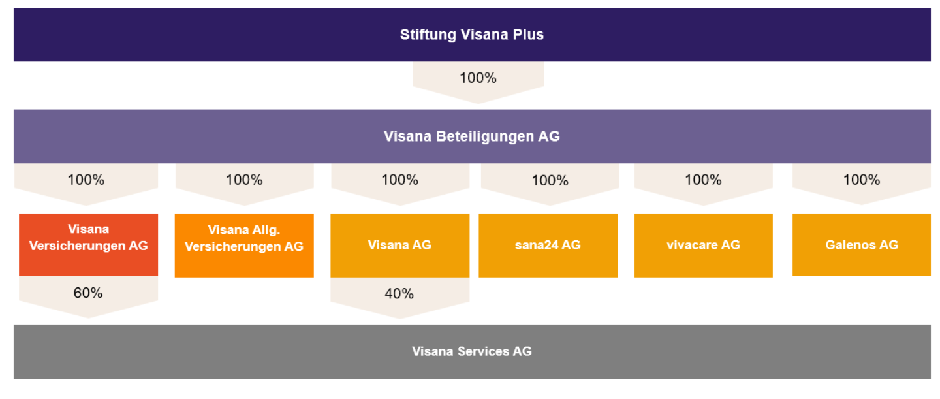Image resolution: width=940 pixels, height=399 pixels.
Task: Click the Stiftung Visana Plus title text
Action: coord(472,35)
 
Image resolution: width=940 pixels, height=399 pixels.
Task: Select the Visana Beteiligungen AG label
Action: coord(472,136)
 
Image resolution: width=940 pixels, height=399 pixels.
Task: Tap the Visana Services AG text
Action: coord(472,351)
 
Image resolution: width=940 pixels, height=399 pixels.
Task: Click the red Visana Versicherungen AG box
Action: coord(89,244)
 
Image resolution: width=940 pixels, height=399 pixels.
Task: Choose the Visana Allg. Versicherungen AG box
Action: coord(244,246)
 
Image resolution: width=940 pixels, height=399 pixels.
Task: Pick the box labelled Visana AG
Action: coord(400,246)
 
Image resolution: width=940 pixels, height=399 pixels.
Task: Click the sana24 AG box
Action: coord(548,246)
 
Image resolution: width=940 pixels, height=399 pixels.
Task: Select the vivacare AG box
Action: coord(703,246)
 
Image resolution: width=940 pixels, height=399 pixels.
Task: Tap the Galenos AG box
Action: coord(862,244)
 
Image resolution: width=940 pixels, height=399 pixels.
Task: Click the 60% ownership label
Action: coord(88,293)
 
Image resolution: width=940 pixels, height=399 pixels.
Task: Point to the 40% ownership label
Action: coord(399,294)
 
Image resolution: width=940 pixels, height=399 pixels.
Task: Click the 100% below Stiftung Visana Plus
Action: coord(478,78)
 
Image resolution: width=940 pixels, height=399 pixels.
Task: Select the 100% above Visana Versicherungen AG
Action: coord(86,180)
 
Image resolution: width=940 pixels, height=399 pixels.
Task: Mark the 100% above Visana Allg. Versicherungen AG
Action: coord(244,180)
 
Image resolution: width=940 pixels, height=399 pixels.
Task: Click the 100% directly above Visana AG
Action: coord(400,180)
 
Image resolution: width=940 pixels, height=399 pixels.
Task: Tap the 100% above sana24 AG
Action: coord(550,181)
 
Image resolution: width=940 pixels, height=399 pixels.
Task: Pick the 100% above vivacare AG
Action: coord(703,180)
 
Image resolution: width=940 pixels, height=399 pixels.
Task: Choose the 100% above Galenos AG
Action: coord(862,180)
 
